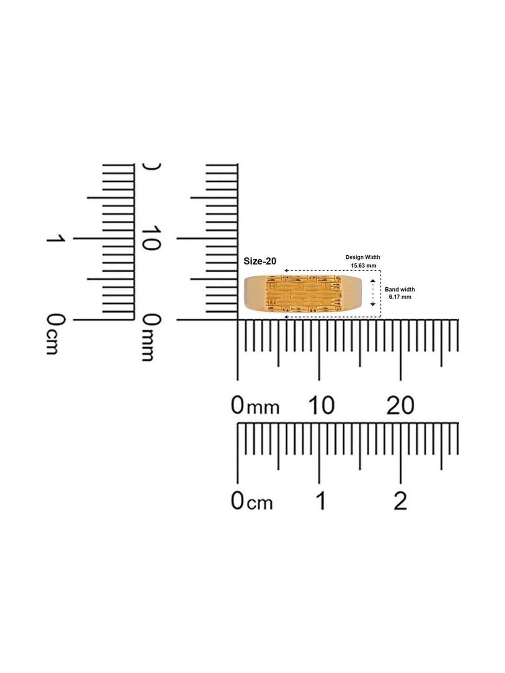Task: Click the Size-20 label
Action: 260,261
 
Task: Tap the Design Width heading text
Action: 363,257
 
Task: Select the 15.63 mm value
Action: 364,265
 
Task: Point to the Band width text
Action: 400,289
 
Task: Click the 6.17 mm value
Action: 400,297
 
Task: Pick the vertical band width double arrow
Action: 373,292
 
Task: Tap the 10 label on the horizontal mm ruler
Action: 321,405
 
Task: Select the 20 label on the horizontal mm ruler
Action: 400,405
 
